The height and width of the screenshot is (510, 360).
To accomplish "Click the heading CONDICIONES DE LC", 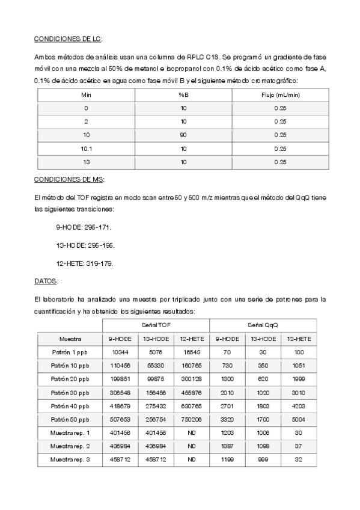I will click(68, 39).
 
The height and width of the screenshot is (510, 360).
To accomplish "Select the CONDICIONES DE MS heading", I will click(69, 179).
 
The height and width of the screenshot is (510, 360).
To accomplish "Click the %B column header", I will click(183, 95).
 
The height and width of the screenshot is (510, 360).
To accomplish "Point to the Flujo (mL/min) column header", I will click(279, 95).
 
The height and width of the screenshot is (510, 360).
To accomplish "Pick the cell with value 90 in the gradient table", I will click(183, 135).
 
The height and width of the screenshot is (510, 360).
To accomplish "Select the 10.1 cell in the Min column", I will click(86, 149).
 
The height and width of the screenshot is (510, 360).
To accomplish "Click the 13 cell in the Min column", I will click(86, 162).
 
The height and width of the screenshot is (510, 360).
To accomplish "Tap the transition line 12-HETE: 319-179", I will click(84, 263).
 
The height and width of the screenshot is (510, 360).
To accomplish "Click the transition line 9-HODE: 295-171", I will click(83, 228).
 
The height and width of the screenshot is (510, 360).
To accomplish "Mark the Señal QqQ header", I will click(263, 325).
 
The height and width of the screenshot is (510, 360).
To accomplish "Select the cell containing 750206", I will click(192, 419).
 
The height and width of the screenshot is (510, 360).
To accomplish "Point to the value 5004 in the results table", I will click(299, 419).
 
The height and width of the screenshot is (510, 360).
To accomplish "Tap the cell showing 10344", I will click(120, 352).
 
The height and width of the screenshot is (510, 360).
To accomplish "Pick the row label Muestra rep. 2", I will click(70, 446).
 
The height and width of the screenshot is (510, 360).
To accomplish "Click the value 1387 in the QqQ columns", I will click(227, 446).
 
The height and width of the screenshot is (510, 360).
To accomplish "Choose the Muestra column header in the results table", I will click(70, 339).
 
